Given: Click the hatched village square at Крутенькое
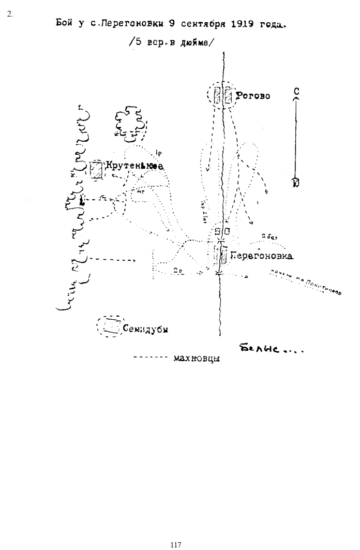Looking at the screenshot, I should point(96,170).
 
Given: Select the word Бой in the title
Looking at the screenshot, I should point(63,24).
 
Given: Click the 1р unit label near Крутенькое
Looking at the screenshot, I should point(158,153).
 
